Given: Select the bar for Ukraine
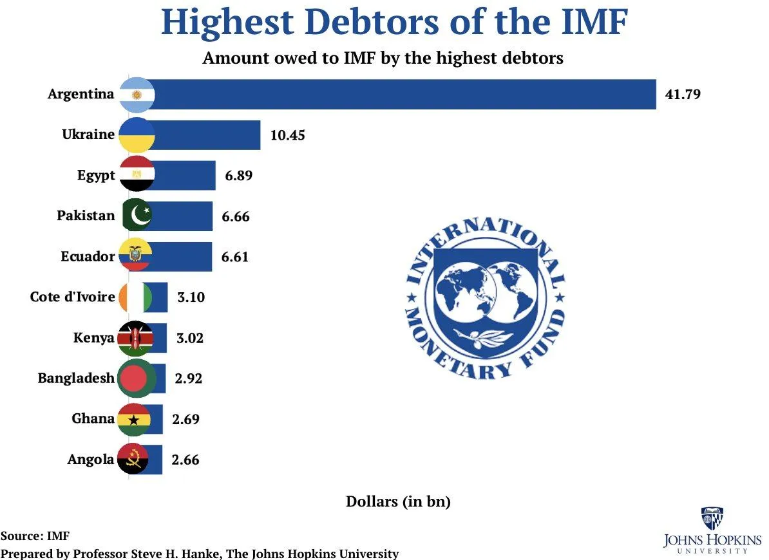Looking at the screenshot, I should [x=206, y=135].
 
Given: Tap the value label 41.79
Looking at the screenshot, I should [x=682, y=95].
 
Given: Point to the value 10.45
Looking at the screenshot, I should [x=287, y=135].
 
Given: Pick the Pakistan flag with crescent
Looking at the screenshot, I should [x=137, y=216].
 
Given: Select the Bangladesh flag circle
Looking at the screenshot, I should [x=135, y=378].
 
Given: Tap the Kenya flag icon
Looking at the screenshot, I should [x=135, y=338].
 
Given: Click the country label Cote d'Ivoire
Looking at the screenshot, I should [x=72, y=297].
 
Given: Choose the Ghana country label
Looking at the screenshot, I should [x=93, y=418].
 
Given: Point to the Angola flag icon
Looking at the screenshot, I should [x=134, y=459].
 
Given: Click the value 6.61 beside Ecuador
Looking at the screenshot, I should [x=235, y=257].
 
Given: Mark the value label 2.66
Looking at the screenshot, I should [x=185, y=460].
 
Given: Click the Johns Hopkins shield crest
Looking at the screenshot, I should [x=712, y=519].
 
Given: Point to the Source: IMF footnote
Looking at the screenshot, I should [x=35, y=536].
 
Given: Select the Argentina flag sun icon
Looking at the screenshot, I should [x=136, y=95].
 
